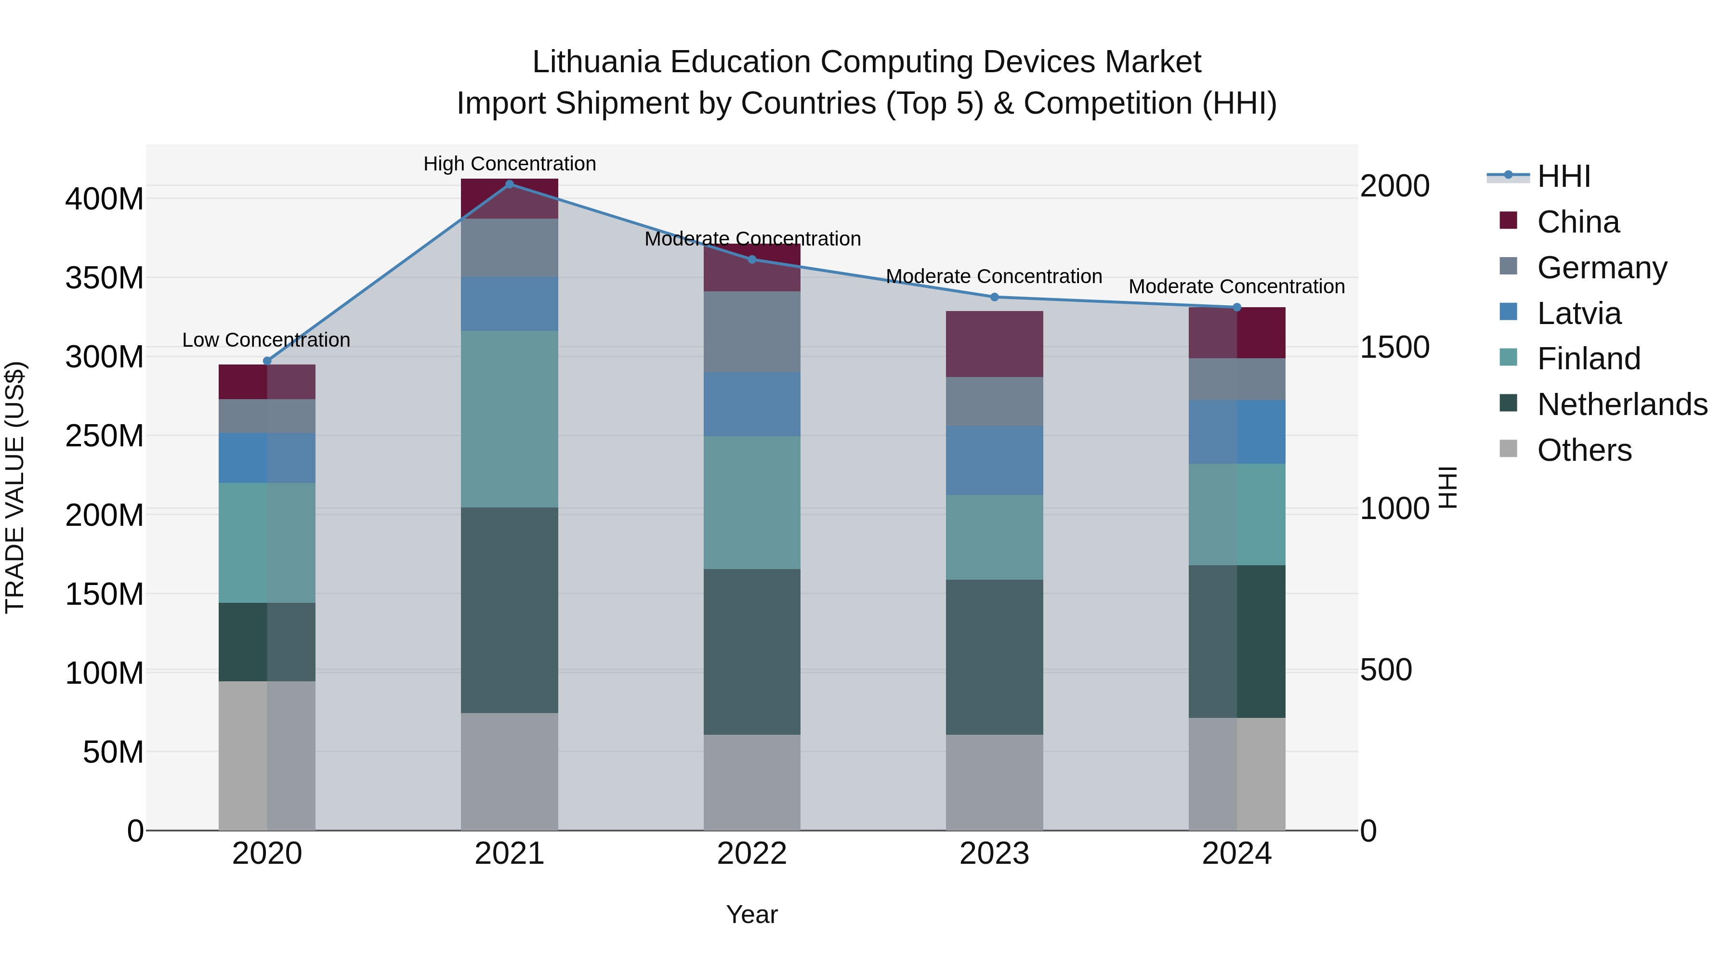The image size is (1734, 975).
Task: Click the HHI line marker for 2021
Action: tap(510, 184)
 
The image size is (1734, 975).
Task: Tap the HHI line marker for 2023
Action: tap(994, 297)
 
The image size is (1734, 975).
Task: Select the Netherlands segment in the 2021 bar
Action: tap(510, 610)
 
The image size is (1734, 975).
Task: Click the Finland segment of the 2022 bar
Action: tap(752, 502)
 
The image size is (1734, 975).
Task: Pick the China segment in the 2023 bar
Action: tap(994, 344)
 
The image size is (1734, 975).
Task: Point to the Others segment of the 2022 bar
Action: tap(752, 782)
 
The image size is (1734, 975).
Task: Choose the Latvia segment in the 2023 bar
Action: tap(994, 460)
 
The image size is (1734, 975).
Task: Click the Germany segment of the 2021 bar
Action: tap(510, 247)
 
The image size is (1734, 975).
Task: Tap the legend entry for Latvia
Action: tap(1578, 313)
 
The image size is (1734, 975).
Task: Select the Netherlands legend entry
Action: tap(1622, 404)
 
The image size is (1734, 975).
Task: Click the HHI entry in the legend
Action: tap(1563, 176)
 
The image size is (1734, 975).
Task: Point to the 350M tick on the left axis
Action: tap(105, 278)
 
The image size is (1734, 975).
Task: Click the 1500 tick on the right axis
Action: tap(1394, 347)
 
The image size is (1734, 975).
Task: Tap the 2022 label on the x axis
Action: tap(752, 854)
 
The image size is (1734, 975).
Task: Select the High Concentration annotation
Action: tap(510, 164)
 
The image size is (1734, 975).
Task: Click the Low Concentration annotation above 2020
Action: tap(266, 340)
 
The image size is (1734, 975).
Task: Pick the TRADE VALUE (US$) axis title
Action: tap(15, 487)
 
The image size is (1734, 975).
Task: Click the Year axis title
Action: tap(752, 914)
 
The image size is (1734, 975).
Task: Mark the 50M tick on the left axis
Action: tap(113, 752)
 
